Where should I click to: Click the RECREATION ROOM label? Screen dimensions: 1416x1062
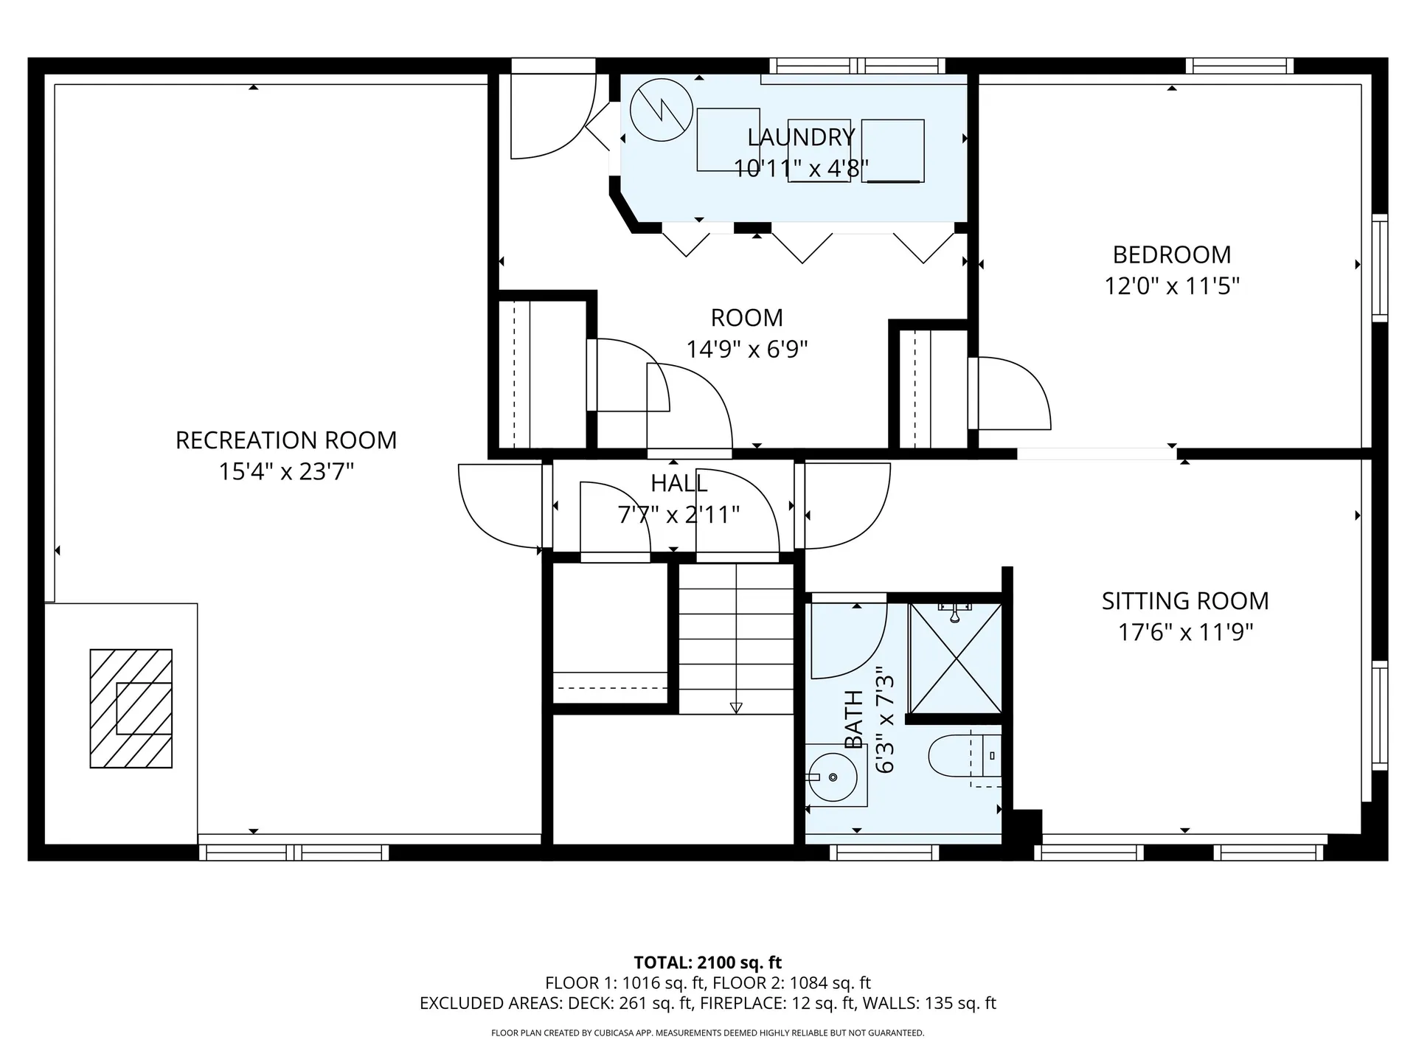286,440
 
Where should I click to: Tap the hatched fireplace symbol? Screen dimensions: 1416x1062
131,709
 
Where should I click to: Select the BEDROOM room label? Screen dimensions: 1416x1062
1172,254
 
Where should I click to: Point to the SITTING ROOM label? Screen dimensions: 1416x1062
1185,601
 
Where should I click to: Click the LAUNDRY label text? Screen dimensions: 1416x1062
801,137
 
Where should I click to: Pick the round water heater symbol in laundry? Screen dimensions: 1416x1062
662,110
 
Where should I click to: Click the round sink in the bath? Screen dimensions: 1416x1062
833,777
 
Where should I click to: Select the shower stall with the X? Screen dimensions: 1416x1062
956,658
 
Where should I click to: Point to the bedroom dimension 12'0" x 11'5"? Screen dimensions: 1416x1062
1172,285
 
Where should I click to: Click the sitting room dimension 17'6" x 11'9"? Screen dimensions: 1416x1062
1185,632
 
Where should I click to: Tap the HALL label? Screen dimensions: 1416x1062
679,484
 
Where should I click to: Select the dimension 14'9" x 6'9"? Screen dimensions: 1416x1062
747,349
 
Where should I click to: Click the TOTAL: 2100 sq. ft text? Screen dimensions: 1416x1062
708,962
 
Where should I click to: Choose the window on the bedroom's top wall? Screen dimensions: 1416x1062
1240,66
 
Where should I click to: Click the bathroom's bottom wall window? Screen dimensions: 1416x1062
884,853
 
